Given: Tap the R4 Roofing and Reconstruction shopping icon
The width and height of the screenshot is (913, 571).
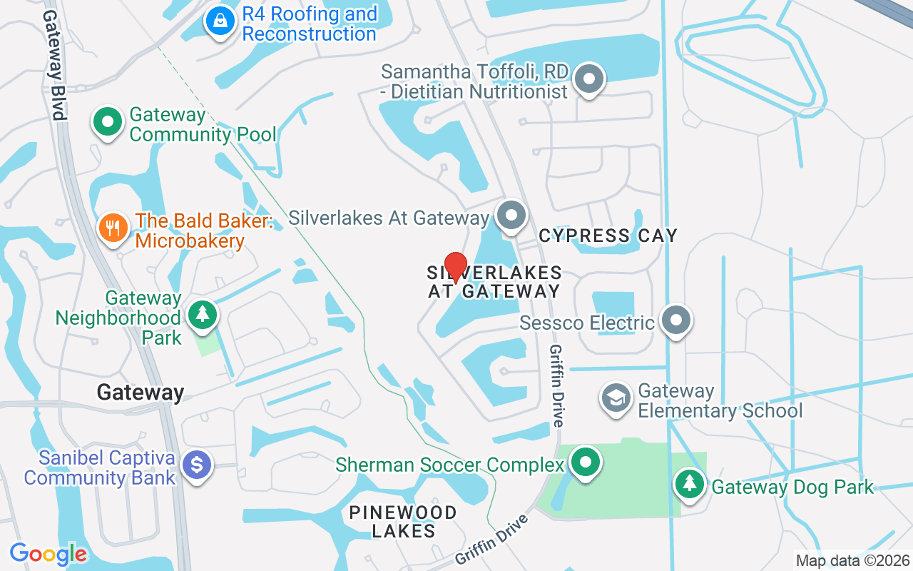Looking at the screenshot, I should pos(221,21).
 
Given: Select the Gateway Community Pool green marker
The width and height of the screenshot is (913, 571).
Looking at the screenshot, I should pos(108,122).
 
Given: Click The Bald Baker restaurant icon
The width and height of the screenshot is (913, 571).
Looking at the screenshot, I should pos(113,228).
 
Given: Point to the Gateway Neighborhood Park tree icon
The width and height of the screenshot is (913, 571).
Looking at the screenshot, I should pos(203,314).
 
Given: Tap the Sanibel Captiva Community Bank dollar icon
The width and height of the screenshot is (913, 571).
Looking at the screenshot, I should pos(198,465).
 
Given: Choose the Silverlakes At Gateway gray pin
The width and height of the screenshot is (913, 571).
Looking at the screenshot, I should pos(511,216).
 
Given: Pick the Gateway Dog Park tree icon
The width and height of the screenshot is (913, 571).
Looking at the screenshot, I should pos(689,483).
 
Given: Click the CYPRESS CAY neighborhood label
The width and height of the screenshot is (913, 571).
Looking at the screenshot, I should pos(608,236).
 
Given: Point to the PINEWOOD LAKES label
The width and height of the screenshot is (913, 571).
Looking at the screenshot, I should pos(403,522).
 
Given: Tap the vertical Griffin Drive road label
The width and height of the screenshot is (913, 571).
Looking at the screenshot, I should pos(556,385).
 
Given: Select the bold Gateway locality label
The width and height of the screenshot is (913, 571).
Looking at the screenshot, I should pos(141,392).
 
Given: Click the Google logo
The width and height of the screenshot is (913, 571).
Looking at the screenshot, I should pos(48,554).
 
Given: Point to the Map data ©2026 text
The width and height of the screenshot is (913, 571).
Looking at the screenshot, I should pos(853,561).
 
